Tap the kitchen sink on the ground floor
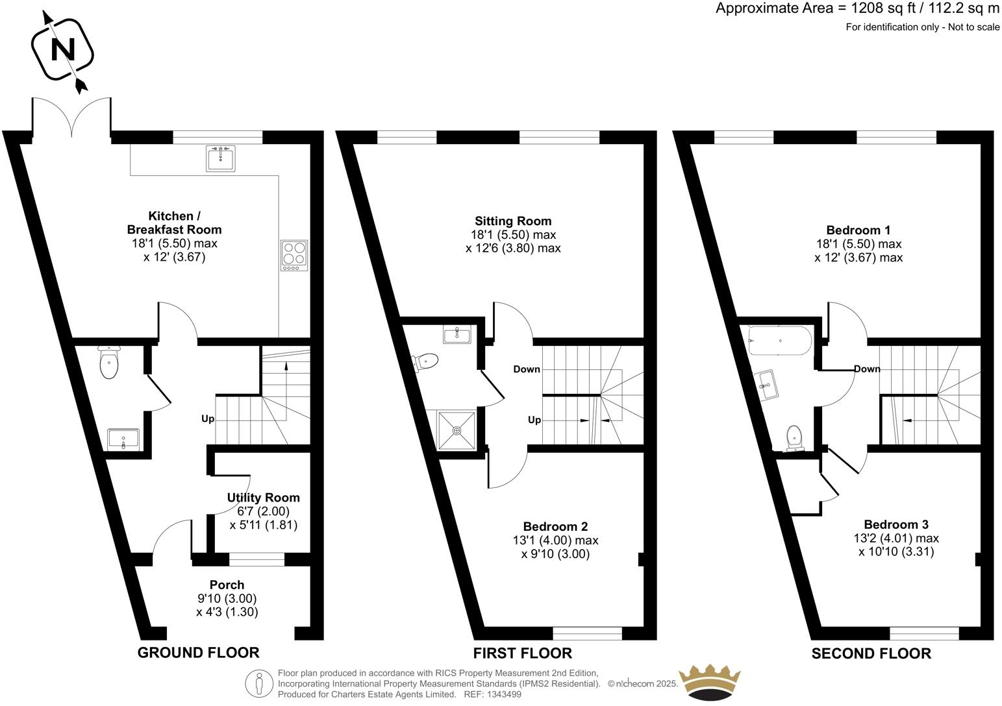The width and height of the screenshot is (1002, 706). point(221,158)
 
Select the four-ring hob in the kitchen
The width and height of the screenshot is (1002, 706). point(294,255)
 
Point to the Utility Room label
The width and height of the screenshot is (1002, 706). point(263,498)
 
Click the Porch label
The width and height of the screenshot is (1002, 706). point(227,585)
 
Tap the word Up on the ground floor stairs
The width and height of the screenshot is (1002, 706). point(207,419)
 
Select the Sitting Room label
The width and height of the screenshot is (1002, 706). point(513,221)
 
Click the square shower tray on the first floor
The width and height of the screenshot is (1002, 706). point(457,430)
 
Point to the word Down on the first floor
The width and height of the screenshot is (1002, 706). point(527,369)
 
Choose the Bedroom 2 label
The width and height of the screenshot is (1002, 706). point(555,526)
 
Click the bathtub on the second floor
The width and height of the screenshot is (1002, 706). point(779,341)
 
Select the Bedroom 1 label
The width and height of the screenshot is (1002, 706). point(858,230)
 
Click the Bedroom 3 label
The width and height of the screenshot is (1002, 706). point(896,524)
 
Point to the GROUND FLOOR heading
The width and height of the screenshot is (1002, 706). point(198,653)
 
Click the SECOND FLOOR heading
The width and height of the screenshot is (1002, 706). point(871,653)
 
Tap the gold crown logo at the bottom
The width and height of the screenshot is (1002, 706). point(708,683)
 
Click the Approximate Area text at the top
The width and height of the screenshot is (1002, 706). point(857,8)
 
